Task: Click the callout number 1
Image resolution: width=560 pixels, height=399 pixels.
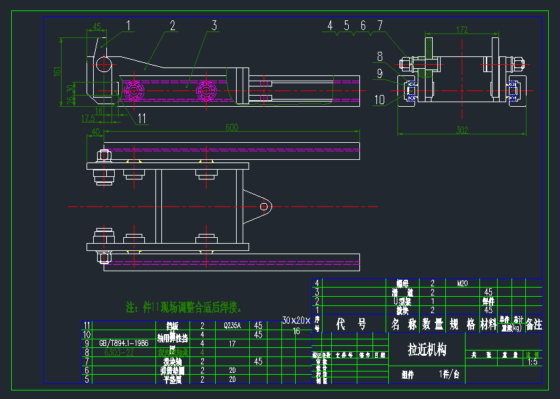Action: (x=129, y=26)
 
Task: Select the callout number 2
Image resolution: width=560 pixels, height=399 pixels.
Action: (x=172, y=26)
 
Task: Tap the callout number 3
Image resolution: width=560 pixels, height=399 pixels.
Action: (x=214, y=26)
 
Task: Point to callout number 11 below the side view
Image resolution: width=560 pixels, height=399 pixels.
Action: (x=142, y=118)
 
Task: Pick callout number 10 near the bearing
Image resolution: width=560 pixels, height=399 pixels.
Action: (x=380, y=100)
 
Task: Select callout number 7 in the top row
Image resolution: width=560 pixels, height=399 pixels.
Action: (x=379, y=26)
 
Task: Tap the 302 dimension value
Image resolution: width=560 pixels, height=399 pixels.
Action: (x=462, y=130)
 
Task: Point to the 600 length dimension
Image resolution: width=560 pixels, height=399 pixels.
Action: (x=231, y=127)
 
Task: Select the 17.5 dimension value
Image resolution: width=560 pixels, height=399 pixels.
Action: (x=88, y=119)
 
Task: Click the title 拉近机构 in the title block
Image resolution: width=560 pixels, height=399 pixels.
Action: (x=427, y=350)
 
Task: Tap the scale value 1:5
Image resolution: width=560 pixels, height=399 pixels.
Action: (x=532, y=361)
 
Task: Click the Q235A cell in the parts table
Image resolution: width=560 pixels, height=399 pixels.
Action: (x=232, y=325)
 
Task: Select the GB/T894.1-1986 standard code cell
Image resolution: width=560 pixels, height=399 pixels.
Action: (x=123, y=343)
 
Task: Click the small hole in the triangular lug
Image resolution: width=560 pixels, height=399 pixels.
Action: (x=264, y=206)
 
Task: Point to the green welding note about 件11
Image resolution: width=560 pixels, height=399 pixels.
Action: (x=184, y=307)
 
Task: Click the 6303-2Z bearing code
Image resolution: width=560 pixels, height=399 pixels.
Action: (x=119, y=352)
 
